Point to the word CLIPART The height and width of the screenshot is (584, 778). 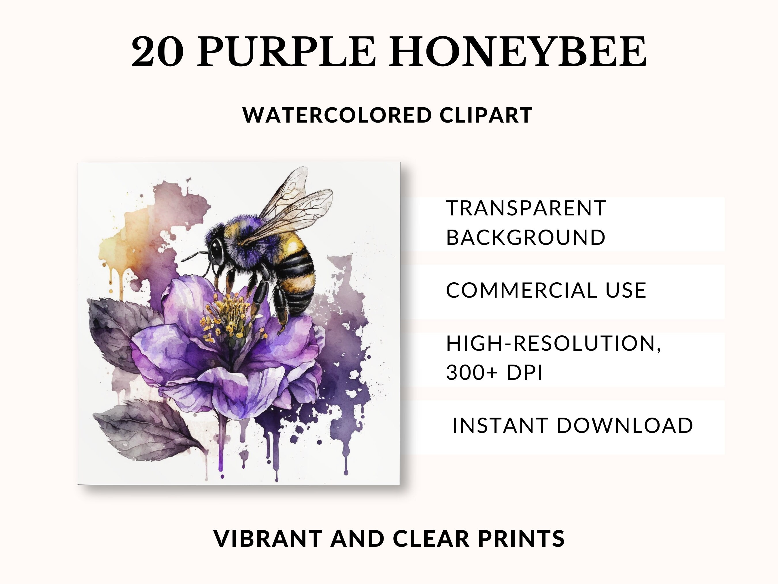[486, 115]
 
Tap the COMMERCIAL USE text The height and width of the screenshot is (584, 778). [546, 290]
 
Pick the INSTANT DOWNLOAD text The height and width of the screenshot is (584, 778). [573, 425]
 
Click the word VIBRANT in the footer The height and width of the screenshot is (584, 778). [268, 539]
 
